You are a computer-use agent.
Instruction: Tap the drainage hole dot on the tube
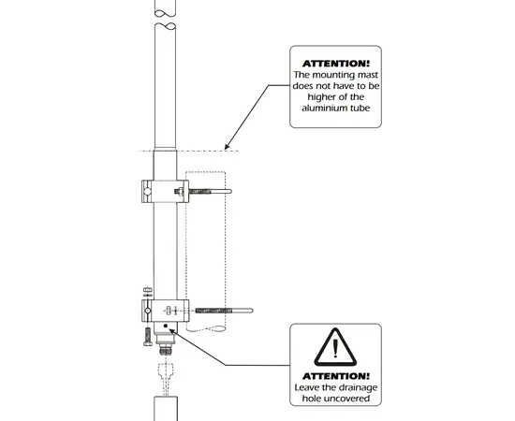(x=166, y=326)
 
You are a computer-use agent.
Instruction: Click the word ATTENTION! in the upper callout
(x=335, y=64)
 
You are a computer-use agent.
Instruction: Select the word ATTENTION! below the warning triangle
(x=335, y=376)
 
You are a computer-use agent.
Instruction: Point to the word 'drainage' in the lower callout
(x=357, y=388)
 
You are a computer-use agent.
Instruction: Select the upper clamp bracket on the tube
(x=165, y=191)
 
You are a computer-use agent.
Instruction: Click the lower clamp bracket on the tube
(x=165, y=311)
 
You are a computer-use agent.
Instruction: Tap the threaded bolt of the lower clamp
(x=224, y=311)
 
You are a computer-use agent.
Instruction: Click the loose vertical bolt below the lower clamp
(x=148, y=337)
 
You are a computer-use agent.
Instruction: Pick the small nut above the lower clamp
(x=148, y=290)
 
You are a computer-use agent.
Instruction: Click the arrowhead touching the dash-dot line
(x=228, y=146)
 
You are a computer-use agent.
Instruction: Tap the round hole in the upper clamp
(x=148, y=191)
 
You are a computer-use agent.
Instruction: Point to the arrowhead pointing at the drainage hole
(x=172, y=331)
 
